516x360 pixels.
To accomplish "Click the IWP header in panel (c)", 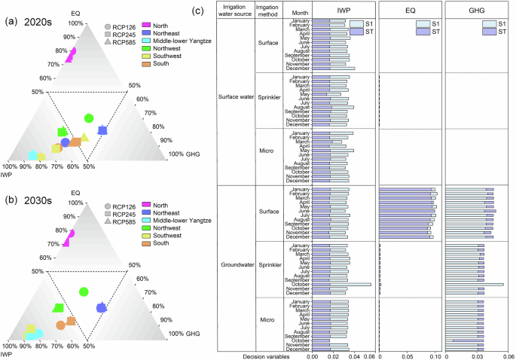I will tap(340, 12).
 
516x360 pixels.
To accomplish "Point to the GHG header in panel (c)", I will tap(475, 12).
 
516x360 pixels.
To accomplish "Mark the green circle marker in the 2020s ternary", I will tap(89, 117).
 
